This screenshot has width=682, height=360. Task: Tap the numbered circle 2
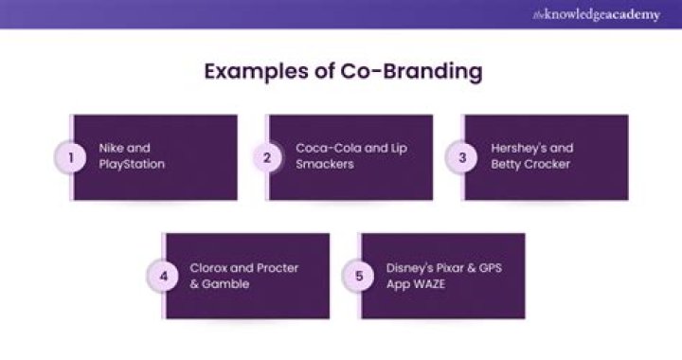point(267,158)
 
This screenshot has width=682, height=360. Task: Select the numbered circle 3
point(462,158)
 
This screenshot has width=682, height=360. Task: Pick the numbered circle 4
point(164,277)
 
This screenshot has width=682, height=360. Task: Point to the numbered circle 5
point(359,277)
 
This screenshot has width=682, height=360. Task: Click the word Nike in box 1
point(112,149)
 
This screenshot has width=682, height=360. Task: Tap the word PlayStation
point(131,165)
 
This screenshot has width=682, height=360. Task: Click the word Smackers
point(324,165)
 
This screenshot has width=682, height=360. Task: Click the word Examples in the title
point(249,72)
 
